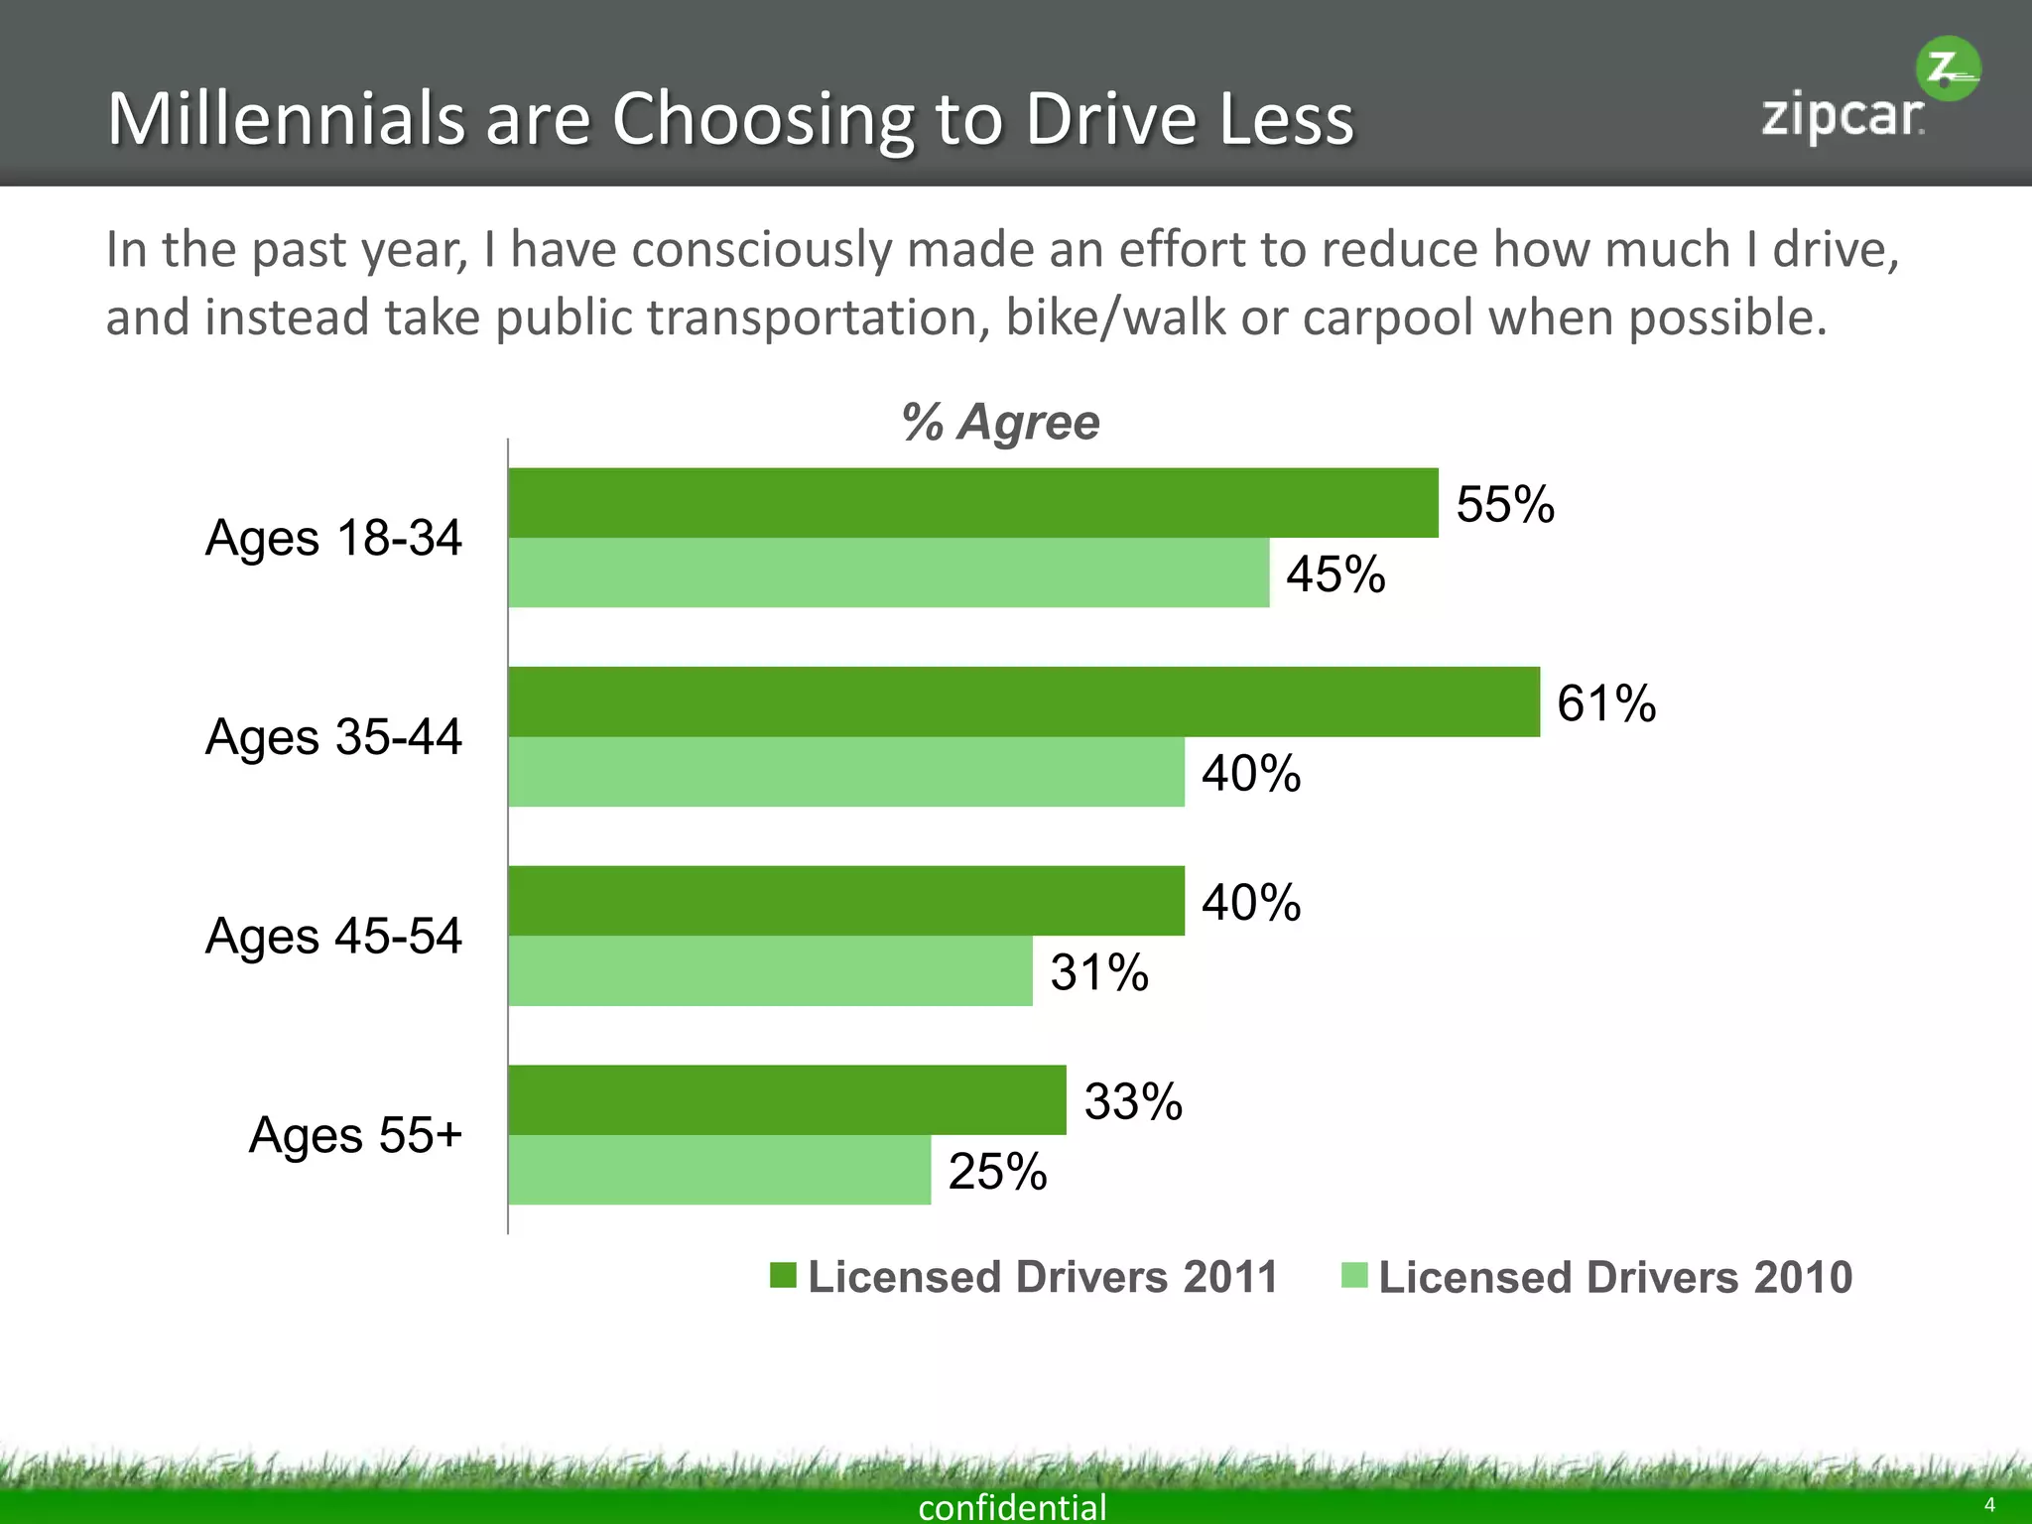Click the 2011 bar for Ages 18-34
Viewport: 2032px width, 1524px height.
[x=972, y=503]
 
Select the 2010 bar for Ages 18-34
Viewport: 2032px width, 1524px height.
[x=888, y=572]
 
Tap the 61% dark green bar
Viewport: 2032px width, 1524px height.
[x=1022, y=701]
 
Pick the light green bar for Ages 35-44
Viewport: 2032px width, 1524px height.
[x=845, y=772]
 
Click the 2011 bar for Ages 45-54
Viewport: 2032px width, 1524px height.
[x=845, y=901]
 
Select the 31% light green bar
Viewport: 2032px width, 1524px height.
[x=770, y=970]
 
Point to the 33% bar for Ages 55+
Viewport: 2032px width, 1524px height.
[x=787, y=1099]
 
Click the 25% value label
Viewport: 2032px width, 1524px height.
[x=997, y=1172]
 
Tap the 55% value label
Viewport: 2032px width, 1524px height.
[x=1504, y=504]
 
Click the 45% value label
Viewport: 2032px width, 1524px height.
[x=1335, y=574]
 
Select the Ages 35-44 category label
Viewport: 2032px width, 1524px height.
[x=333, y=737]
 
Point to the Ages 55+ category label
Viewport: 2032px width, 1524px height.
[x=355, y=1135]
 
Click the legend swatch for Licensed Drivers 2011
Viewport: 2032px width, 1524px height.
[x=783, y=1275]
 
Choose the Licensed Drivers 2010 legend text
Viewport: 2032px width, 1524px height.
[x=1614, y=1277]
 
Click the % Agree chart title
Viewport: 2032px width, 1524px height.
[x=1000, y=423]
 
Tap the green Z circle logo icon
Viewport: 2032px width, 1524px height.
[x=1947, y=69]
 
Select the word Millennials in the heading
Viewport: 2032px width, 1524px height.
[x=286, y=119]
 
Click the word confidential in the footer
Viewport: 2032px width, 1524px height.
[x=1012, y=1506]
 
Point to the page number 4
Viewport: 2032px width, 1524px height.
[x=1988, y=1505]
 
